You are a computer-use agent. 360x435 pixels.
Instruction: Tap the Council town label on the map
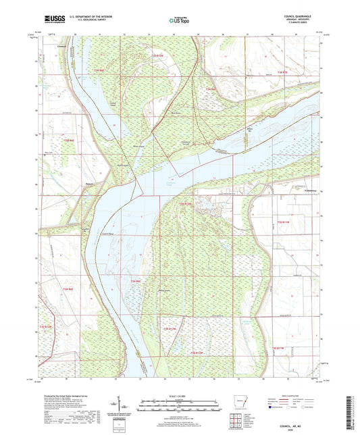coord(63,47)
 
